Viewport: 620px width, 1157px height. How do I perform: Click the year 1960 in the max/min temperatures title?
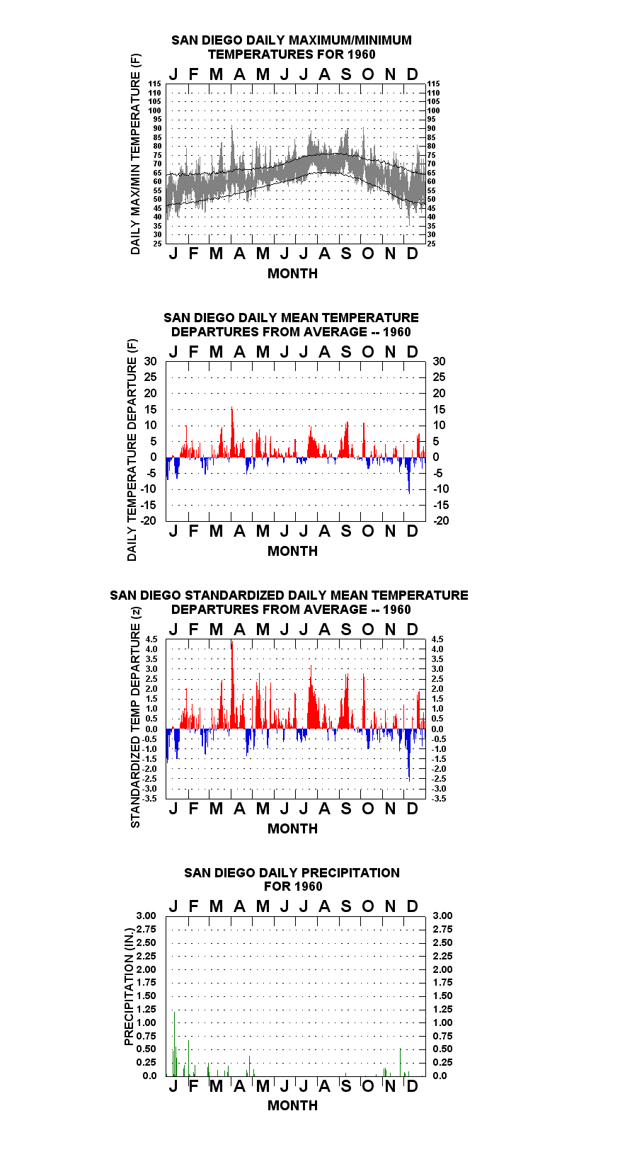[361, 55]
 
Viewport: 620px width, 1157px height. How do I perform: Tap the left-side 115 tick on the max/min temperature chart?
[154, 84]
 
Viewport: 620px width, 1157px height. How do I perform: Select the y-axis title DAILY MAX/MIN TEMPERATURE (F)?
[135, 154]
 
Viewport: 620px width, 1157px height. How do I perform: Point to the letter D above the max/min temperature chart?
[411, 74]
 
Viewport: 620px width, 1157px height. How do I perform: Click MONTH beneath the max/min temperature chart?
[292, 273]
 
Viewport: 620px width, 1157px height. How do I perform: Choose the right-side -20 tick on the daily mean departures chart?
[441, 520]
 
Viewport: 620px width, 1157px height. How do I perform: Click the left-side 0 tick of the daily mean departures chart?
[154, 457]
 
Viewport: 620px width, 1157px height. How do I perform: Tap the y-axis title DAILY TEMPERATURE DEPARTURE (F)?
[132, 450]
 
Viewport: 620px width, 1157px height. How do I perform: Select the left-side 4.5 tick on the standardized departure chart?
[151, 639]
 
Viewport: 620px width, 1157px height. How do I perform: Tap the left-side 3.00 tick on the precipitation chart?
[146, 916]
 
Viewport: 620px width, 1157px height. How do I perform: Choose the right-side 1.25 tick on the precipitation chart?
[442, 1009]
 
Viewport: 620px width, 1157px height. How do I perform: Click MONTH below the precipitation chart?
[292, 1105]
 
